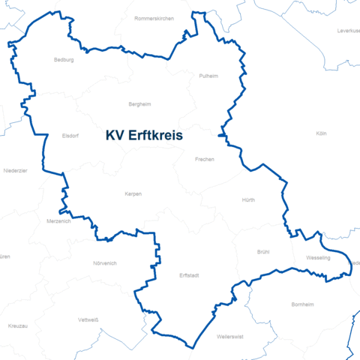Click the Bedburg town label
64,60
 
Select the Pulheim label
208,76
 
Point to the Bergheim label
140,105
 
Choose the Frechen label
204,159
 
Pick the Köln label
322,133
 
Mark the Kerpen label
133,193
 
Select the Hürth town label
249,201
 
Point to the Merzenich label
58,221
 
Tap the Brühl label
263,252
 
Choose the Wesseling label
319,258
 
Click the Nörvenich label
105,263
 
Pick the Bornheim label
302,305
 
